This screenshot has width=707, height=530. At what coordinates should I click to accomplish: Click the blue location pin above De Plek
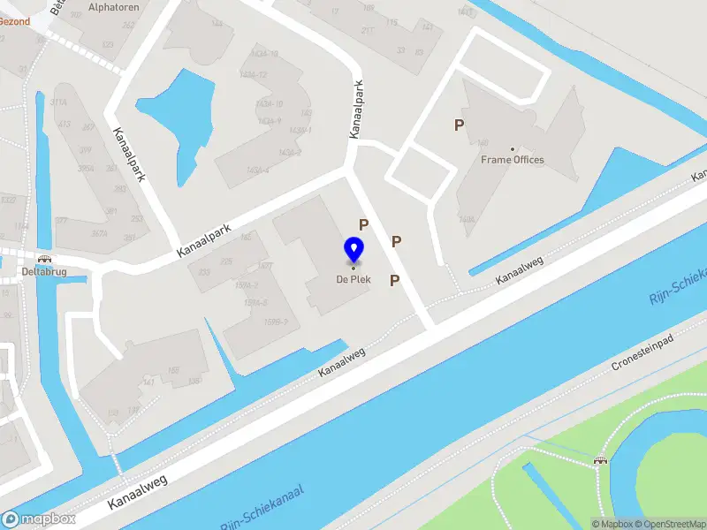click(353, 250)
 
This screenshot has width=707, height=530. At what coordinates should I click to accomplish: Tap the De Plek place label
click(353, 280)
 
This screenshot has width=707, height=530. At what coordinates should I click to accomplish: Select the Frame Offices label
click(513, 160)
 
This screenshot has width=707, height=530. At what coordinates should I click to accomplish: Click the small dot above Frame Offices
click(513, 148)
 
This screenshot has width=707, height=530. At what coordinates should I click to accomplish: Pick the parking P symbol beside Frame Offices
click(459, 125)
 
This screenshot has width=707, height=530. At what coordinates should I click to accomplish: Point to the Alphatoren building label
click(112, 6)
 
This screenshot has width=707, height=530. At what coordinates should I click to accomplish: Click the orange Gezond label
click(14, 21)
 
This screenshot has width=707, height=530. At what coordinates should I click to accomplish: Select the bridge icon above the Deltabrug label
click(44, 260)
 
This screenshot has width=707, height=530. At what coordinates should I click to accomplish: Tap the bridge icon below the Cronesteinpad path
click(601, 458)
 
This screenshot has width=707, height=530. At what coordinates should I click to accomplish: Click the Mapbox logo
click(39, 519)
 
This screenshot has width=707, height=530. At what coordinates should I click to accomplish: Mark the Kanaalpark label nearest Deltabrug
click(203, 240)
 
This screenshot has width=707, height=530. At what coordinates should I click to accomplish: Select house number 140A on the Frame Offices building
click(467, 219)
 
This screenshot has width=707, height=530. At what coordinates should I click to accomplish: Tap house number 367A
click(99, 233)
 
